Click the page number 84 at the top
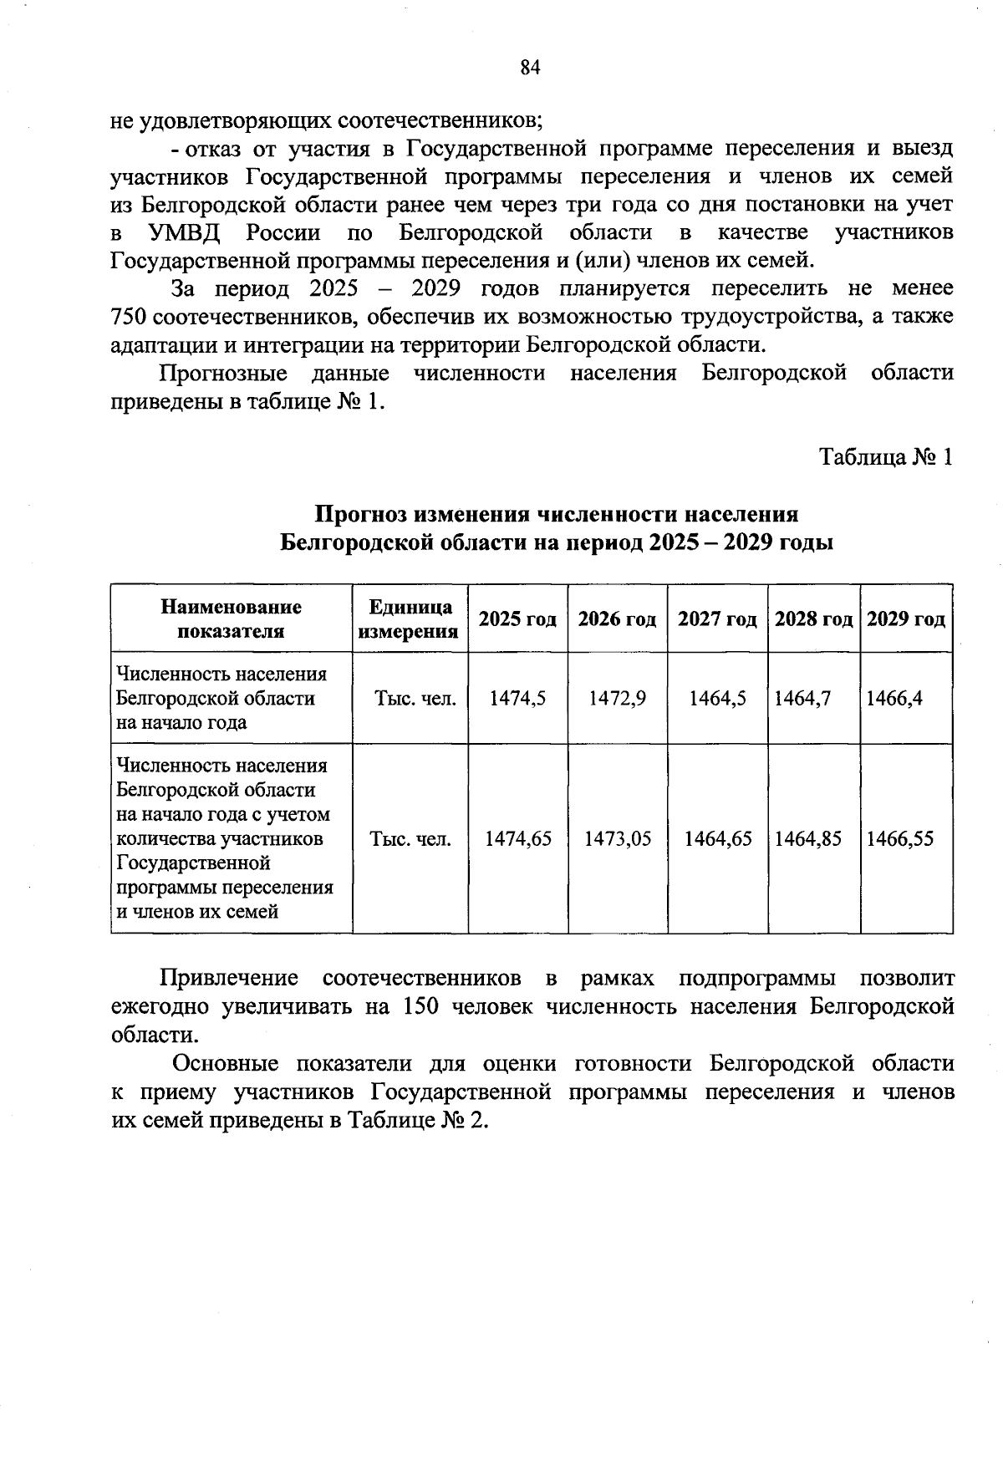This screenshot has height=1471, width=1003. (531, 68)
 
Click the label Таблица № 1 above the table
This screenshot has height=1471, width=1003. (885, 457)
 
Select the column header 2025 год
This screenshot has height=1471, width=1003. (517, 619)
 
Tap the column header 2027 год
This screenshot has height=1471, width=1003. (717, 619)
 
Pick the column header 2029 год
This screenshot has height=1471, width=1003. (906, 619)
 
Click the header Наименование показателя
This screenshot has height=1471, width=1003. (231, 619)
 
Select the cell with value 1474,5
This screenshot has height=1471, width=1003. (517, 698)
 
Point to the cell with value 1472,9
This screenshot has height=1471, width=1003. (617, 698)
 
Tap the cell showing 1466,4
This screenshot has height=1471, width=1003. (894, 698)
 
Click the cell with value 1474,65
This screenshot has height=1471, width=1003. (518, 838)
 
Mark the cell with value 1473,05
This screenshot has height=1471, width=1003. (617, 838)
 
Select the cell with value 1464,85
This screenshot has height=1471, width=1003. (807, 838)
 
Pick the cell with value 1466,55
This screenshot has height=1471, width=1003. (899, 838)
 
